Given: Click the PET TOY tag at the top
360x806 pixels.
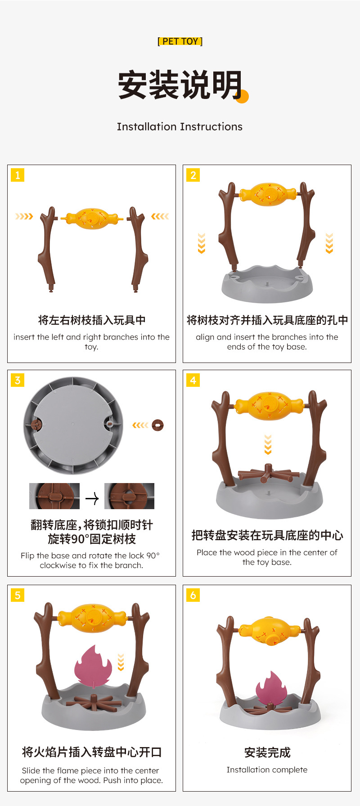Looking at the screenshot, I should [180, 41].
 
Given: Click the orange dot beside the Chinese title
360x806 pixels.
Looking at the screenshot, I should [242, 96].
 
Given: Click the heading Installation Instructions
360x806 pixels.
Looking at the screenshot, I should [180, 127].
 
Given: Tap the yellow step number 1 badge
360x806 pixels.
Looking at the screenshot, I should [18, 175].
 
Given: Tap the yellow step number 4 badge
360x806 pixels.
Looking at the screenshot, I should [193, 380].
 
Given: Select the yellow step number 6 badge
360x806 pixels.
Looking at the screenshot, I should [193, 595].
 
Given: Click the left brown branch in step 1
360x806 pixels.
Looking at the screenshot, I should [47, 250].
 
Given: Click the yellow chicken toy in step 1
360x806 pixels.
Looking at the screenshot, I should [92, 218].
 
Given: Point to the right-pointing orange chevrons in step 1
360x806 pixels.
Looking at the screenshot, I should [24, 216].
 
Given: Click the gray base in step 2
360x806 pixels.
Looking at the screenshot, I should [267, 286].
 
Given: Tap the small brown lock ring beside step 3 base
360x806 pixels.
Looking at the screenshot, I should [157, 425].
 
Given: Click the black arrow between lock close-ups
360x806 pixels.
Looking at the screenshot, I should [92, 498].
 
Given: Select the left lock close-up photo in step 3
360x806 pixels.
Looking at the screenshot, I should [54, 496].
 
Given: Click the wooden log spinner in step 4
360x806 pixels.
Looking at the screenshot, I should [268, 475].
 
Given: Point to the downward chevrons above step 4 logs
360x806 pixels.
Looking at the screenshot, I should [268, 444].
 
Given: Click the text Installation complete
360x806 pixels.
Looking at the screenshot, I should [267, 770].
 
